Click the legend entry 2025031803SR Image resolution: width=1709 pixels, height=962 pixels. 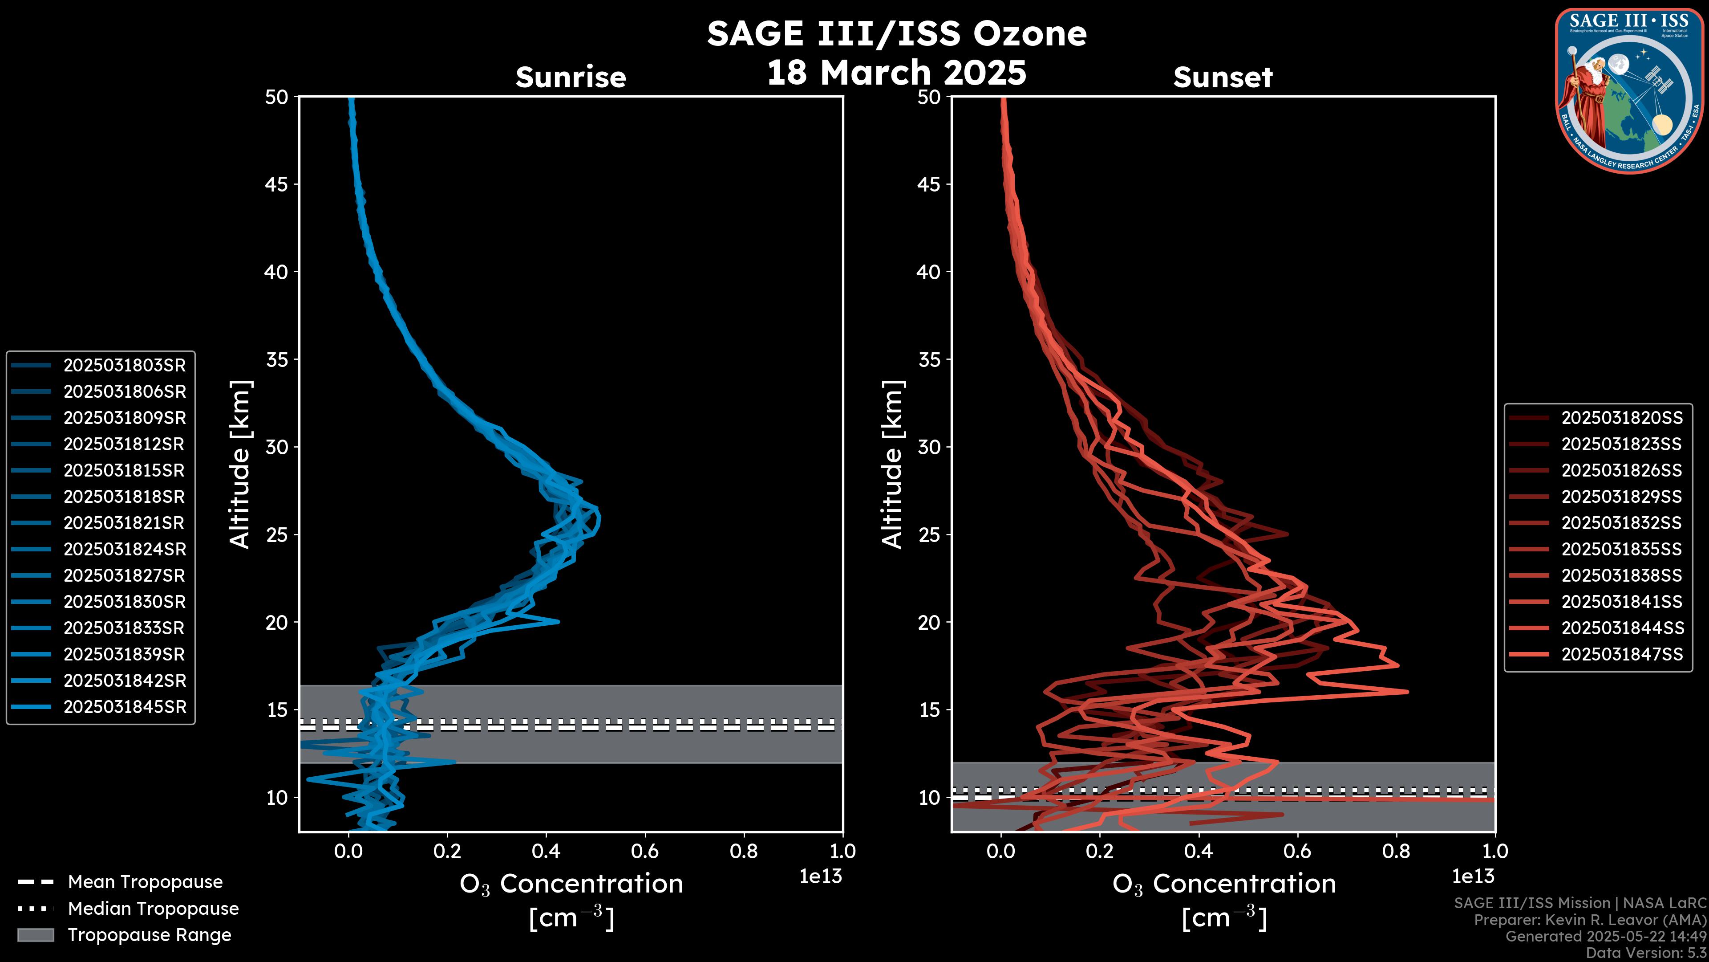(x=124, y=365)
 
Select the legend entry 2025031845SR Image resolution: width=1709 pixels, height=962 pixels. (x=124, y=707)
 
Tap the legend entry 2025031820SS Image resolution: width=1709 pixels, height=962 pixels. (x=1621, y=418)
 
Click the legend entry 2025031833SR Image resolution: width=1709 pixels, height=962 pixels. (x=124, y=628)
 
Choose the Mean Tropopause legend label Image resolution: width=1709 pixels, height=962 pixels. (x=145, y=882)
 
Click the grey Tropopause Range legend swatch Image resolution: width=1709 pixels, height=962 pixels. (x=35, y=935)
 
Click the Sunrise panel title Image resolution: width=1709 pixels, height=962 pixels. (x=571, y=77)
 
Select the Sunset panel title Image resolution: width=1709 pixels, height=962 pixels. (x=1223, y=77)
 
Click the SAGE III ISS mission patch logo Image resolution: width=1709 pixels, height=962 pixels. (x=1629, y=90)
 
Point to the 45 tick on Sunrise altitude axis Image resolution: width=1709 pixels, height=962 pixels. (x=277, y=184)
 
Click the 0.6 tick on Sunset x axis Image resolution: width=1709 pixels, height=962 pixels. (x=1297, y=851)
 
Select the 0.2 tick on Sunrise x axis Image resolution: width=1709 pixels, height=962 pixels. (x=447, y=851)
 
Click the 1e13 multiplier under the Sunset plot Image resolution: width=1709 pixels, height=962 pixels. (x=1473, y=876)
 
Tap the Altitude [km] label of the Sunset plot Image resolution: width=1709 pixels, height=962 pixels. (x=892, y=464)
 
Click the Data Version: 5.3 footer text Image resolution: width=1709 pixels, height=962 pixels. (x=1645, y=953)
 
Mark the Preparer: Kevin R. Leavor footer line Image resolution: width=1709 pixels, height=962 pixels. (x=1590, y=920)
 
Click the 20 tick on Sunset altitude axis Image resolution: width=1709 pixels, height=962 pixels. (x=929, y=622)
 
